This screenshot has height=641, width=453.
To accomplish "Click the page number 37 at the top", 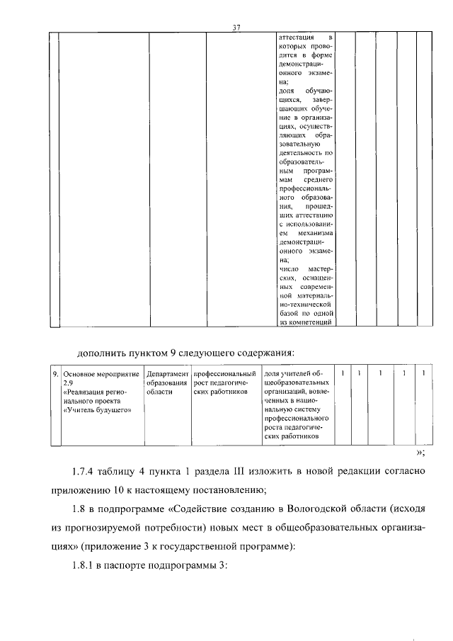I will [x=238, y=28].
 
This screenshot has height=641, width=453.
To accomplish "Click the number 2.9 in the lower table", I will [x=68, y=382].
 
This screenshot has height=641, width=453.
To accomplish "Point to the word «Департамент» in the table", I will [x=167, y=373].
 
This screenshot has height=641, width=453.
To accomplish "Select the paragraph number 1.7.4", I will [x=89, y=472].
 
